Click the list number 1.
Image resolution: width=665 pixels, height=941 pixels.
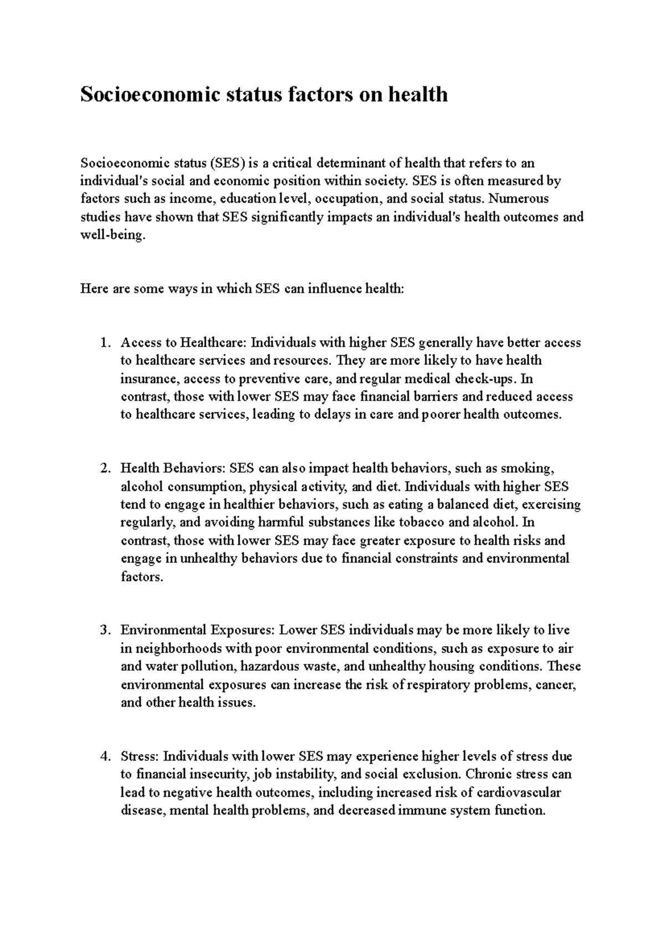105,342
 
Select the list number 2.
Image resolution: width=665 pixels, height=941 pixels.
105,468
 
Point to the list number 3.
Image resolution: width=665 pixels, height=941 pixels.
105,630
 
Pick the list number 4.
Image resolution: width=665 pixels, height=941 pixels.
105,756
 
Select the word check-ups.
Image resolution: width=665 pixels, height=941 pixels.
485,379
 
